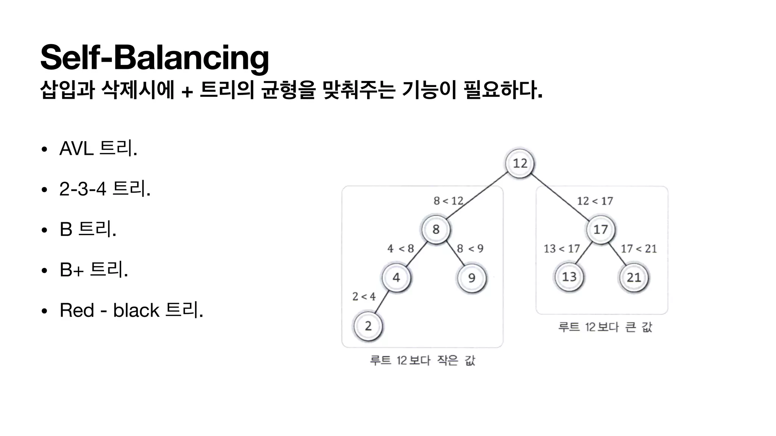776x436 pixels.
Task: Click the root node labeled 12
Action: (520, 163)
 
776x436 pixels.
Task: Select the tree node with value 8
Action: (436, 229)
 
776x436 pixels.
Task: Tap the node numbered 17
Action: (601, 229)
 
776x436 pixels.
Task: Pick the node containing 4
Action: (396, 277)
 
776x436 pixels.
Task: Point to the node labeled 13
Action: (569, 277)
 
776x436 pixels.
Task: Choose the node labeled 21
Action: (634, 278)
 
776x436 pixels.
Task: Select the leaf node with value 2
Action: (368, 326)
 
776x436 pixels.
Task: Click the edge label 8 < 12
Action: (448, 201)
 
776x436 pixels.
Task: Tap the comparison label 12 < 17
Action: (595, 201)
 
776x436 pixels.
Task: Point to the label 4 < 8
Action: (401, 249)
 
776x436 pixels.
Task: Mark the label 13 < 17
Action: (562, 249)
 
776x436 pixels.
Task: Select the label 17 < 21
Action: (638, 249)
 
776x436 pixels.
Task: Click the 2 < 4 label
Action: (364, 296)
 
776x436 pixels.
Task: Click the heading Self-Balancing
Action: (155, 58)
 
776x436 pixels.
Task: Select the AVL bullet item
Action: (98, 148)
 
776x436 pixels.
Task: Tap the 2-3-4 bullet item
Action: (105, 188)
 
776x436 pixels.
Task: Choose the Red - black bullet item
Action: (131, 310)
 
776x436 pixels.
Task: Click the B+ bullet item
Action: (94, 270)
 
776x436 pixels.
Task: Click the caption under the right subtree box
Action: (605, 327)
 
